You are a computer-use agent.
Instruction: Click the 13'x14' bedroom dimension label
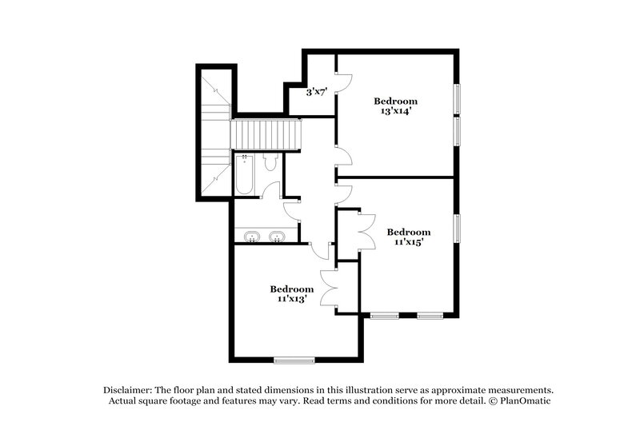click(396, 112)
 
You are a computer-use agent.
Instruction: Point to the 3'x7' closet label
click(317, 93)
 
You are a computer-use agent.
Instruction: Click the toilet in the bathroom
click(270, 164)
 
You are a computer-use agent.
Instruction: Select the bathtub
click(243, 175)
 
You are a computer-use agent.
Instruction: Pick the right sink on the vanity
click(278, 237)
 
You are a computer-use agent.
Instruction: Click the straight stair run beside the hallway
click(265, 133)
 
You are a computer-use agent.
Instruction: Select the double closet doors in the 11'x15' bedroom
click(367, 233)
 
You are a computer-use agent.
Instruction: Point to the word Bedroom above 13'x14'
click(396, 102)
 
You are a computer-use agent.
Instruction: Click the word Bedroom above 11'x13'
click(290, 289)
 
